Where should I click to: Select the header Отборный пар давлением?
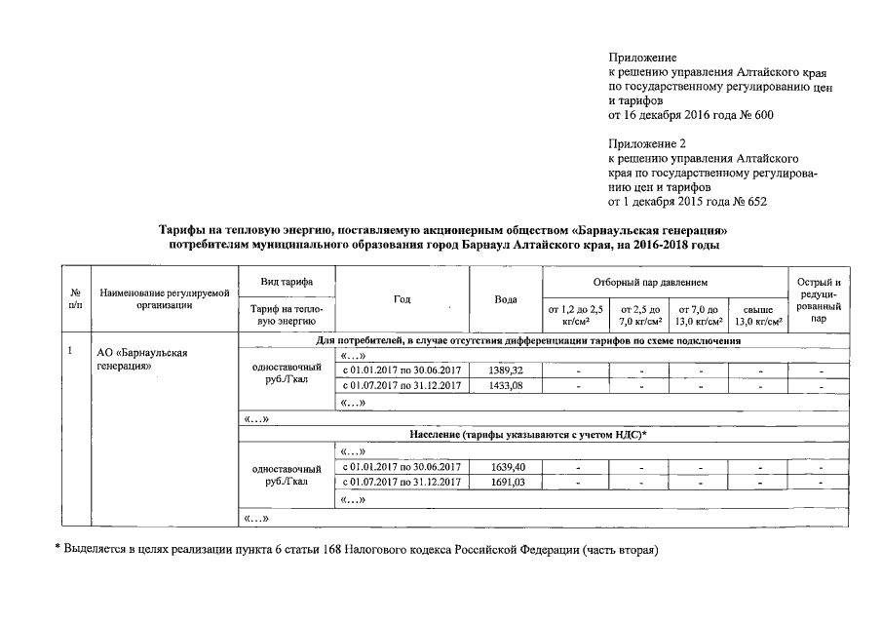click(x=665, y=281)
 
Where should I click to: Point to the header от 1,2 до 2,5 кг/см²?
click(x=571, y=315)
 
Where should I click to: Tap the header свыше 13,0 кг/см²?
click(x=757, y=315)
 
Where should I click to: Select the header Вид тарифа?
click(x=287, y=281)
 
